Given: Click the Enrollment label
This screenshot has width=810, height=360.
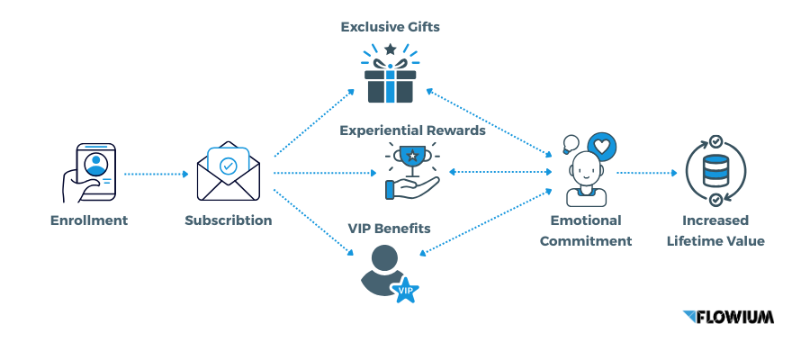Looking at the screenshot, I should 89,220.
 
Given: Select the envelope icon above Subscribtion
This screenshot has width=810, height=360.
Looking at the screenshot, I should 228,171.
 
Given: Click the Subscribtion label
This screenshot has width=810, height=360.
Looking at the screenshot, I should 229,220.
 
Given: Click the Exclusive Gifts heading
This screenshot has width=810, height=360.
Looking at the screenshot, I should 390,27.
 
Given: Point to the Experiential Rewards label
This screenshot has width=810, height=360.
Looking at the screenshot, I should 412,130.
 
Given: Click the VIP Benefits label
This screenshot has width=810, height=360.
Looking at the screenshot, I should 389,229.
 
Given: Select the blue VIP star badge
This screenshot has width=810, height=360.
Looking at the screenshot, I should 405,290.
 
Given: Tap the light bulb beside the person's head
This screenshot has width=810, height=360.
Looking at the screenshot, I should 570,143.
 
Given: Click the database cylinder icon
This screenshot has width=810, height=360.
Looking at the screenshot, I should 714,172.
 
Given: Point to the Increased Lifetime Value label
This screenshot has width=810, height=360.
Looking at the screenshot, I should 715,230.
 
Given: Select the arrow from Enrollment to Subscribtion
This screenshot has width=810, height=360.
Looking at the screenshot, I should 153,172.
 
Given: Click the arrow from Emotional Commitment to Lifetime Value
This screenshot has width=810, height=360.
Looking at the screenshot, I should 646,172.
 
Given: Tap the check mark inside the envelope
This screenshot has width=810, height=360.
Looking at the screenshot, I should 228,166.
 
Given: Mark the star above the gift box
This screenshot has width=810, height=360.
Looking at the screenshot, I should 390,49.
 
